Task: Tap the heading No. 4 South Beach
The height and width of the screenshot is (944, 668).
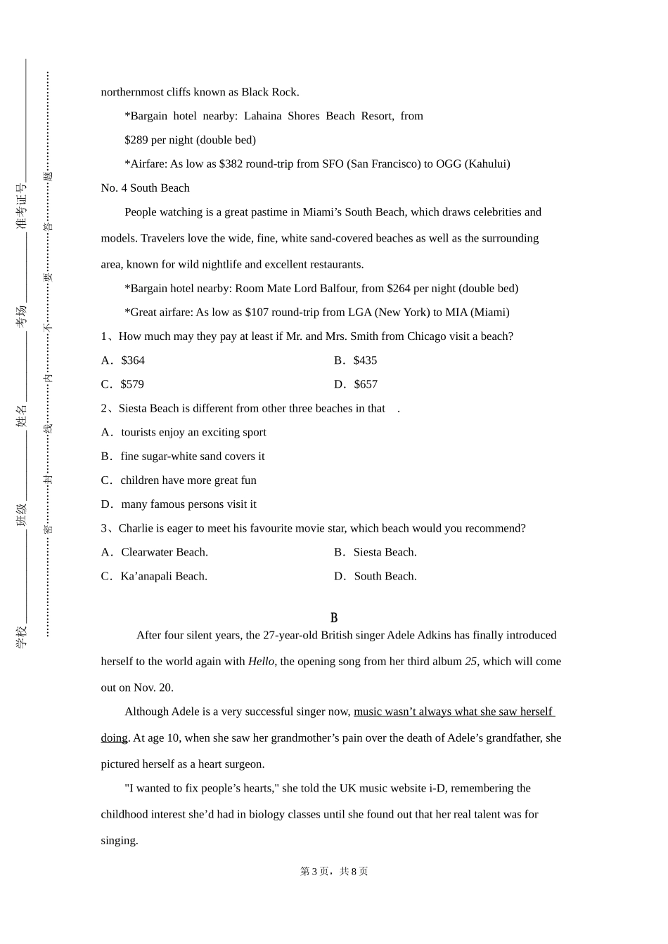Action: click(145, 188)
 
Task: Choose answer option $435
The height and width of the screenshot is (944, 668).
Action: click(365, 360)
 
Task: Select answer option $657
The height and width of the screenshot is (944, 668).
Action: click(366, 384)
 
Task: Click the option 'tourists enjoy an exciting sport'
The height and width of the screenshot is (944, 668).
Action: click(193, 432)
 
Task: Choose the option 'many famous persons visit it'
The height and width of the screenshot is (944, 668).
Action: click(188, 504)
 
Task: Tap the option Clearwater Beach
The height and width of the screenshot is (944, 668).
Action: click(164, 552)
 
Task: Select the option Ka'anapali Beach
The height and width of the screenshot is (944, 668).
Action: click(164, 576)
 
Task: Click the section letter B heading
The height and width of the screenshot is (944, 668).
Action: click(334, 617)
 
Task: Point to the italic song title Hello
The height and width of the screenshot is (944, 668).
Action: click(261, 661)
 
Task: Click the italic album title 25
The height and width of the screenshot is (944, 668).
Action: click(470, 661)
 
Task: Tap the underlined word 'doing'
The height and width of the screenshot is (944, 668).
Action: click(114, 737)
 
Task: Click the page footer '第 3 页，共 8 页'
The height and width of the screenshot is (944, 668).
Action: click(334, 871)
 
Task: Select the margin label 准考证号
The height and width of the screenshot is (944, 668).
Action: click(22, 206)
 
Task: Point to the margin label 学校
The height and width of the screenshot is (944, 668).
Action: click(22, 636)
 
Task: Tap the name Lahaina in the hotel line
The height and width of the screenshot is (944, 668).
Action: click(263, 116)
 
